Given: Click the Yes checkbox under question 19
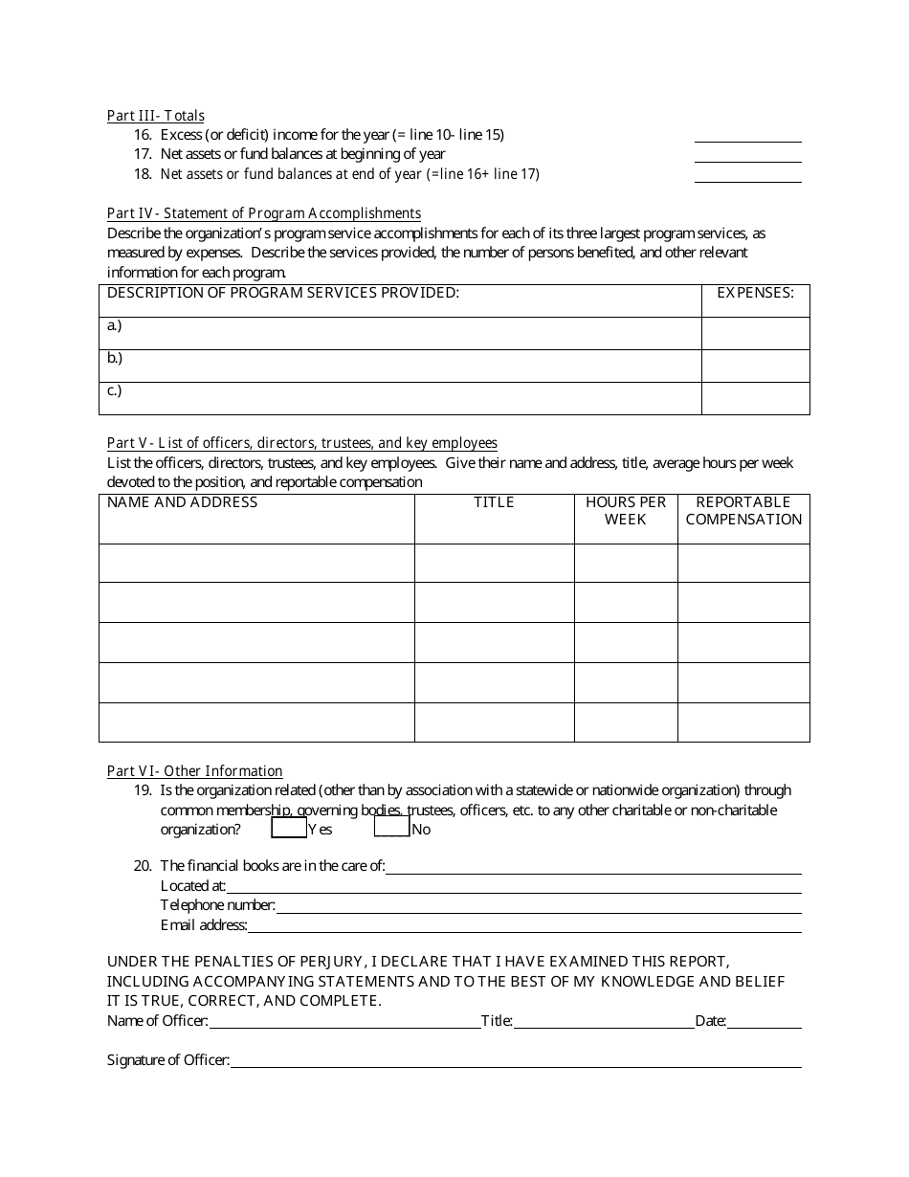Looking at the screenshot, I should pos(289,828).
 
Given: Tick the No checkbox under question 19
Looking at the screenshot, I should pos(391,828).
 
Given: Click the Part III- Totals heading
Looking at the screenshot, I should pos(156,116).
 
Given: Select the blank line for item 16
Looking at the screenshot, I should pos(747,136).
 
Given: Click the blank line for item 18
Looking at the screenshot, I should pos(747,175).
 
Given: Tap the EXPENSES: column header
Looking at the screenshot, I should pos(755,294).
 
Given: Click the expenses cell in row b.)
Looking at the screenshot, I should pos(755,366).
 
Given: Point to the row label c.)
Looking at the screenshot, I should pos(115,391).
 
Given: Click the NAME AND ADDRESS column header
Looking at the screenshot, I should pos(183,502).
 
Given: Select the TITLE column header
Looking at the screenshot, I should pos(494,502).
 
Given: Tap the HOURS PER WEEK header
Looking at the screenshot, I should pos(626,511).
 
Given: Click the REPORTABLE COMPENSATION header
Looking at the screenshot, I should pos(743,511).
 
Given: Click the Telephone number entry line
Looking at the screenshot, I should pos(538,906).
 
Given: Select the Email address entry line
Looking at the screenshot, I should pos(523,925).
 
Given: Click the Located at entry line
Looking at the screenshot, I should pos(513,887).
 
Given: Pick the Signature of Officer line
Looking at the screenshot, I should pos(515,1061).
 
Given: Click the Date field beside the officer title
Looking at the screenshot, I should pos(765,1022).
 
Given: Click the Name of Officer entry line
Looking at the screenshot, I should pos(344,1022).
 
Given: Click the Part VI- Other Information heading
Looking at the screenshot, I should pos(195,771).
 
